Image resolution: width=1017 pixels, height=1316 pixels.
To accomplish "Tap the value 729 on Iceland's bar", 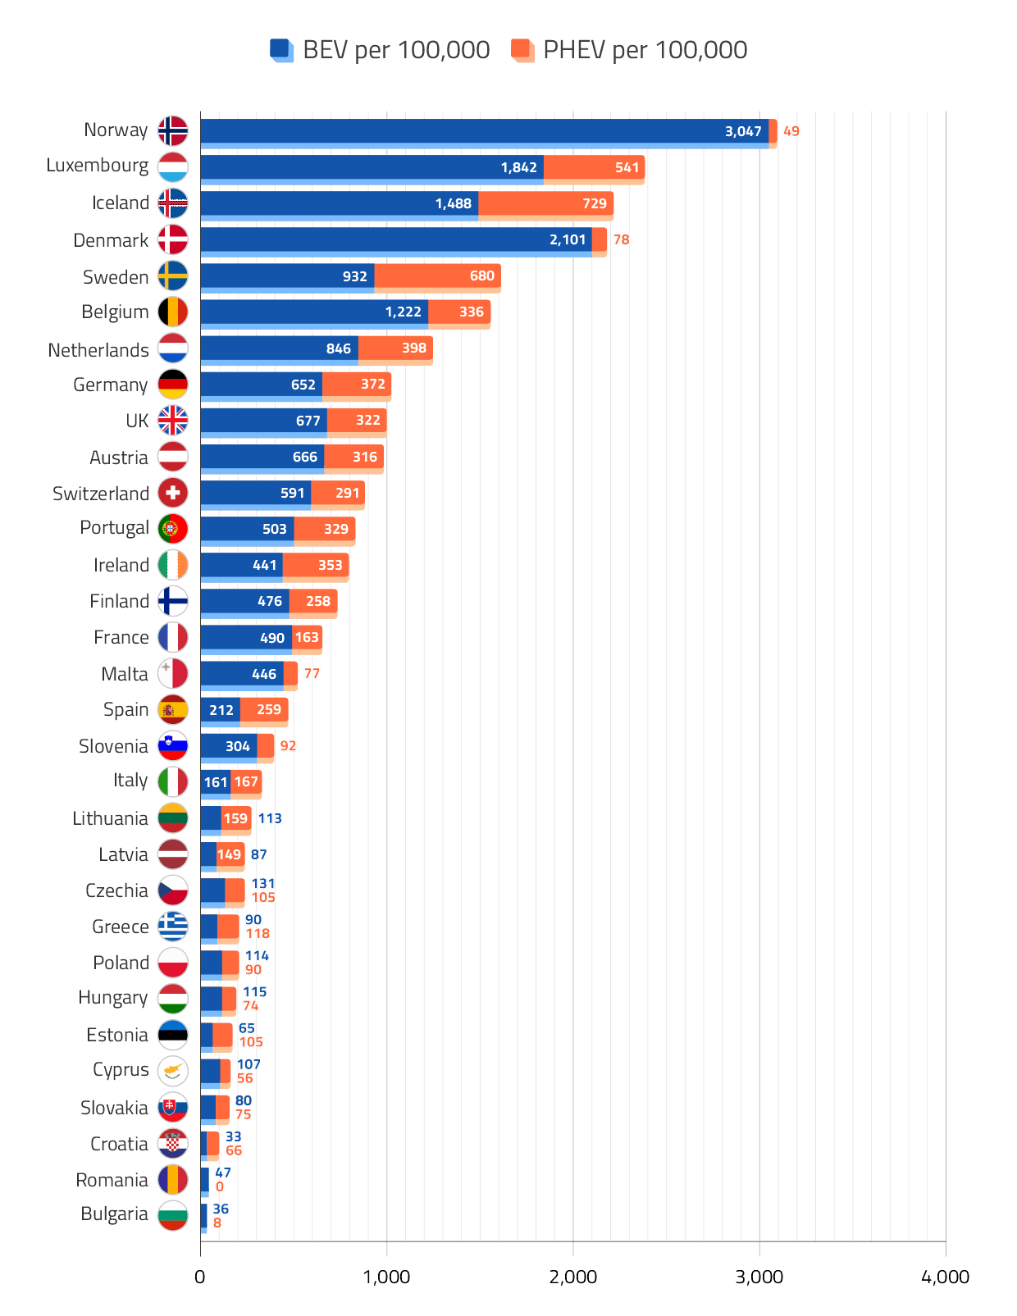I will [595, 203].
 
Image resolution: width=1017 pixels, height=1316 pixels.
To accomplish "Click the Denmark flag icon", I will [173, 239].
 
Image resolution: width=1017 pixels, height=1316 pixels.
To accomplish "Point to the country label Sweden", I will [116, 277].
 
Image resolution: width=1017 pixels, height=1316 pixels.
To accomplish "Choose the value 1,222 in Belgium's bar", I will [403, 312].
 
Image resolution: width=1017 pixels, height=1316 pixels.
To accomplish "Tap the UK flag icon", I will [173, 421].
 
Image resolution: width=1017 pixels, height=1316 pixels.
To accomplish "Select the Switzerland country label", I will [100, 494].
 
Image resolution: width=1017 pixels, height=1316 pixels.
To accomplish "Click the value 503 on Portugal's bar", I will [274, 529].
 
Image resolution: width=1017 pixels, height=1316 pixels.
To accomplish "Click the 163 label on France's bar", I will [307, 637].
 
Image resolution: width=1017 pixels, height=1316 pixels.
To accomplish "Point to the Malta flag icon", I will [173, 673].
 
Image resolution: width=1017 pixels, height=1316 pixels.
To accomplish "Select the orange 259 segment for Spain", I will [264, 709].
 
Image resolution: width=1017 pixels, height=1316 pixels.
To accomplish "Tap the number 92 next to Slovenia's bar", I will [288, 745].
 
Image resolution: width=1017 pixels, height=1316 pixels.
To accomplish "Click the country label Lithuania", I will [110, 818].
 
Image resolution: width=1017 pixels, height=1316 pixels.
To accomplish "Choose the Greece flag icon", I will [173, 927].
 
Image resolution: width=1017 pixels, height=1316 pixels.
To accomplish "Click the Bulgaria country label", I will [114, 1214].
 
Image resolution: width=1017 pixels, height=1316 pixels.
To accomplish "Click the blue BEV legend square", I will [282, 50].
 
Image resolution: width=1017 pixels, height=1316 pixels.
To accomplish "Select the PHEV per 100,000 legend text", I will [645, 50].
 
